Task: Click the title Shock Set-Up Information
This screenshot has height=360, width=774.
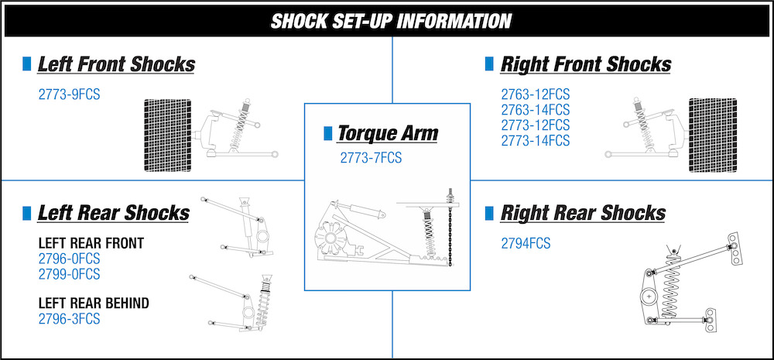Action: pyautogui.click(x=391, y=21)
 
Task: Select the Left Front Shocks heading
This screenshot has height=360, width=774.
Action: pyautogui.click(x=116, y=65)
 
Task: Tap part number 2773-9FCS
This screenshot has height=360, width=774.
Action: pyautogui.click(x=69, y=94)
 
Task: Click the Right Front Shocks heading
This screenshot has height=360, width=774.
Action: pyautogui.click(x=586, y=65)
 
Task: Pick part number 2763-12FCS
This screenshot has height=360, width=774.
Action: pyautogui.click(x=536, y=94)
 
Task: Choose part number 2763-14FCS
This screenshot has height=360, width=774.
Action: pyautogui.click(x=536, y=110)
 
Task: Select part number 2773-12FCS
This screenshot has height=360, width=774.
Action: pyautogui.click(x=536, y=125)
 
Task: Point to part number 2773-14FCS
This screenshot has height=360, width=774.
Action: pyautogui.click(x=536, y=141)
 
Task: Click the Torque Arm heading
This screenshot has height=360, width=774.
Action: pyautogui.click(x=388, y=133)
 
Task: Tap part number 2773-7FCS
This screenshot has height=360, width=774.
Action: pyautogui.click(x=371, y=158)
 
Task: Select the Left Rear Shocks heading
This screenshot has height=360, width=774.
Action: pyautogui.click(x=114, y=214)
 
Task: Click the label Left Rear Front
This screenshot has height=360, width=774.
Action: pyautogui.click(x=91, y=243)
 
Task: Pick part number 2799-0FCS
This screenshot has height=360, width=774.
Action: pyautogui.click(x=69, y=273)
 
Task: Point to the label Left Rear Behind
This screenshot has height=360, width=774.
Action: pyautogui.click(x=94, y=303)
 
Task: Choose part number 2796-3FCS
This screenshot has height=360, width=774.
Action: pyautogui.click(x=69, y=319)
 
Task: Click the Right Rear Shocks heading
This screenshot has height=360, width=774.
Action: pyautogui.click(x=583, y=214)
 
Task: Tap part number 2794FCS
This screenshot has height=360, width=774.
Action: pyautogui.click(x=526, y=243)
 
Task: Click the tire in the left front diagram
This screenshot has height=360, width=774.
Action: pyautogui.click(x=167, y=135)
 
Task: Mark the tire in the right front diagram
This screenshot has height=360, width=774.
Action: pyautogui.click(x=713, y=135)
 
